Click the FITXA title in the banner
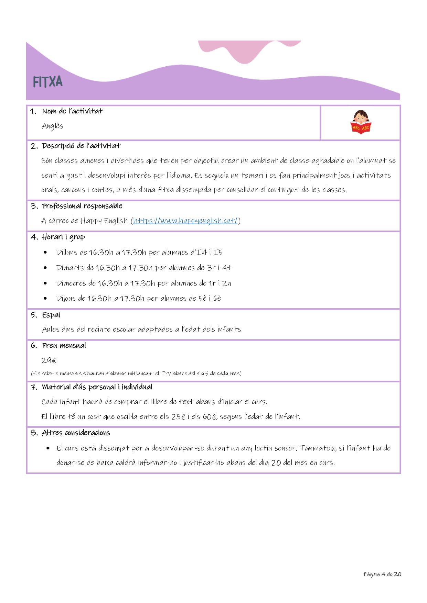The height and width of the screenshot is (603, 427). click(x=48, y=82)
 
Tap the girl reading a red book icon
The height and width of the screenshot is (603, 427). click(x=361, y=122)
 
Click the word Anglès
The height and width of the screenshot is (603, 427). click(x=53, y=126)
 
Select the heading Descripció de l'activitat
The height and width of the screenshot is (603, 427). click(x=81, y=146)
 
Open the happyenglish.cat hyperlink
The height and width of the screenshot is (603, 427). click(x=185, y=221)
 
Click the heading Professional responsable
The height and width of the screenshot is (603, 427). click(x=82, y=206)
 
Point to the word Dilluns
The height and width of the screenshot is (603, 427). click(x=67, y=252)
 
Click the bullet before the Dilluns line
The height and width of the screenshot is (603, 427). click(x=45, y=252)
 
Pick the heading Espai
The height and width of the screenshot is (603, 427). click(x=51, y=315)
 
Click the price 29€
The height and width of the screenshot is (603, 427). click(x=49, y=360)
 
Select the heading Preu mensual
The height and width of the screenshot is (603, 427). click(x=64, y=346)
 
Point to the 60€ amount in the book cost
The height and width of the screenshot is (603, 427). click(x=210, y=417)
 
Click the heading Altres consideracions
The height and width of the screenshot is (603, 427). click(x=76, y=433)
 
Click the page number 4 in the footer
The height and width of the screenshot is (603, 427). click(x=383, y=574)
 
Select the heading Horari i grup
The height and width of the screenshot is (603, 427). click(x=63, y=237)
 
